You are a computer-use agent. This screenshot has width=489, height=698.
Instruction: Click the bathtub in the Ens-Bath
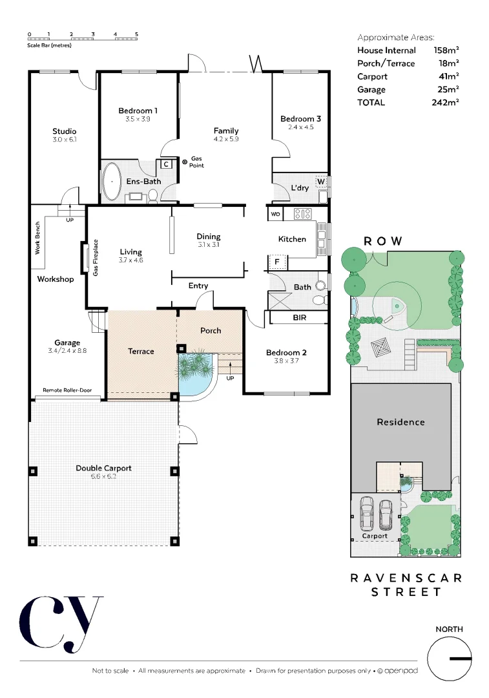[112, 181]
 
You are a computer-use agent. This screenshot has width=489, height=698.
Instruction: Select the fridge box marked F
[276, 262]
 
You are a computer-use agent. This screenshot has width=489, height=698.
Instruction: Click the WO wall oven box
[275, 214]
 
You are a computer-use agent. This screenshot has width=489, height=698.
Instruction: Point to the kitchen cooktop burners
[302, 214]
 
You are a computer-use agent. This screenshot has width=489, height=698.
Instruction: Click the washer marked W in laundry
[320, 181]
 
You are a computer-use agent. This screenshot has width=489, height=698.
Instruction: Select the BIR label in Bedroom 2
[299, 318]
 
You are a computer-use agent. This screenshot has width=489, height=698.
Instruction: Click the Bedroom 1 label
[138, 111]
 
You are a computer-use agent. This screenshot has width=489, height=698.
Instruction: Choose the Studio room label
[64, 131]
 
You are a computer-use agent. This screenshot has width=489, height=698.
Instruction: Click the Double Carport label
[103, 468]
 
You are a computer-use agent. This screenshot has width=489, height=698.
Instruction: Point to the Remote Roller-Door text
[68, 390]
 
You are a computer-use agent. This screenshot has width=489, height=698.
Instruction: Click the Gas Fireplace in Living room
[85, 257]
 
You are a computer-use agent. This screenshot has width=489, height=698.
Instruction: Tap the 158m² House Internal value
[446, 50]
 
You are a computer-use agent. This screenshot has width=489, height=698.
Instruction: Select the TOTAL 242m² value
[445, 102]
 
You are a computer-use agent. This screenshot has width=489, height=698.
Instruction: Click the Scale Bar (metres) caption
[49, 46]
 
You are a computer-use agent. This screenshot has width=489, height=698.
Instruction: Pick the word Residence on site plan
[401, 422]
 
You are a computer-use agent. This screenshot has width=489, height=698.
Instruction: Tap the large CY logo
[61, 623]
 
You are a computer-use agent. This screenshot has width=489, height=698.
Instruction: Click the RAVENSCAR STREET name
[406, 584]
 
